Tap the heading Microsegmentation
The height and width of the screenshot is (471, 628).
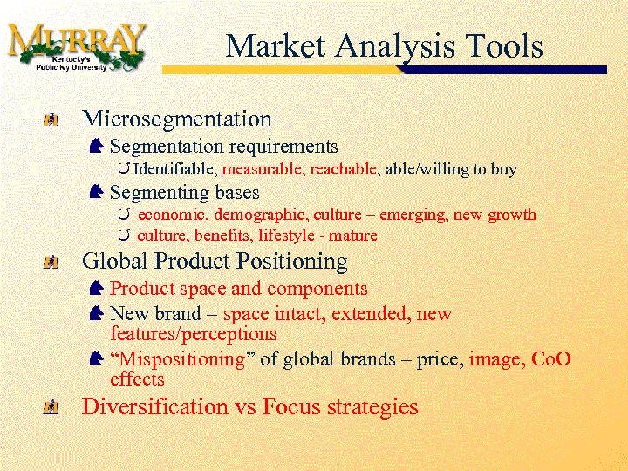point(176,119)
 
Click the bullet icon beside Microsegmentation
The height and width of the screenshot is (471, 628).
point(53,119)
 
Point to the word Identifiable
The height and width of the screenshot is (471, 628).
point(177,169)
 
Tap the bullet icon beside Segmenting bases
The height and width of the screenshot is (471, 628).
point(97,191)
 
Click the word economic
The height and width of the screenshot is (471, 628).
point(172,215)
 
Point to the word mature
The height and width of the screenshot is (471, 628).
point(356,235)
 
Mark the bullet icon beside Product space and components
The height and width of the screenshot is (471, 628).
point(97,288)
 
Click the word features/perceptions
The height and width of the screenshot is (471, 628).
point(194,333)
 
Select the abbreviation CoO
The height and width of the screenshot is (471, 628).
point(548,359)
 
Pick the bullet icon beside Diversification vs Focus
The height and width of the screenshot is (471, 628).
point(53,407)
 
